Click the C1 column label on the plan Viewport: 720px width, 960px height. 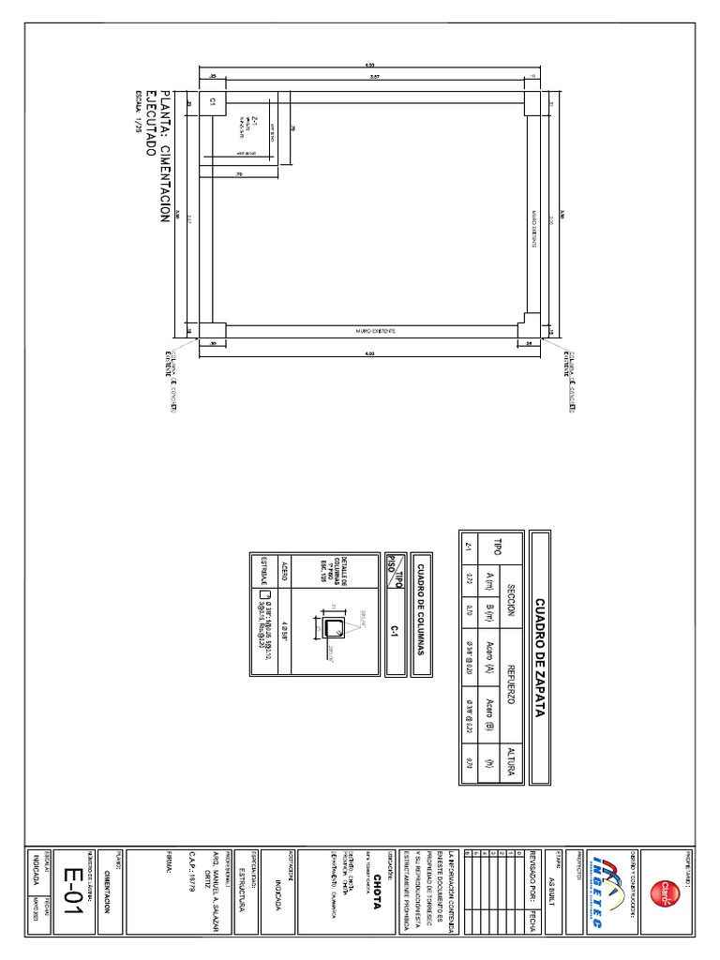[213, 100]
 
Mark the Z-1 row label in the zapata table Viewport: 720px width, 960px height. [466, 544]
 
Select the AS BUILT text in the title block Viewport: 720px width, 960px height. [552, 885]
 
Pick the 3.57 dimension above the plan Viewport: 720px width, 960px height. [374, 74]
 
